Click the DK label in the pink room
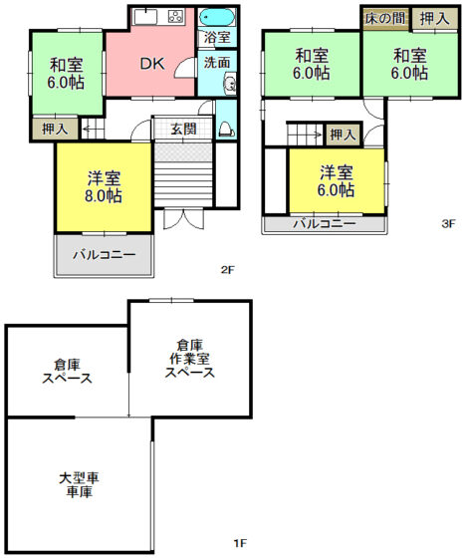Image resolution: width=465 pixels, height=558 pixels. [152, 64]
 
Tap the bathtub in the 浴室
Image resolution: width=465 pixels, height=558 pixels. [217, 17]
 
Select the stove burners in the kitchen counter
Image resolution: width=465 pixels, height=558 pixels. [175, 16]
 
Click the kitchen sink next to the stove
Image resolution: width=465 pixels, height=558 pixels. [145, 17]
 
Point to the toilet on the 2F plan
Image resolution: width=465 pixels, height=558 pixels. [226, 130]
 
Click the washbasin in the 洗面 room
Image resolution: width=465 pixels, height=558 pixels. [230, 84]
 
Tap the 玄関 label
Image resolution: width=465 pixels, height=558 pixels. [183, 129]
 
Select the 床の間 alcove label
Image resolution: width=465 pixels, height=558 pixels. [385, 18]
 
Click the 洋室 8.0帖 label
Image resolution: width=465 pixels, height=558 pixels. [104, 187]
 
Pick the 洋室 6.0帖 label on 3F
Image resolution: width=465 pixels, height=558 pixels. [336, 180]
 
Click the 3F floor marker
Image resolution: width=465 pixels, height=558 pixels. [448, 223]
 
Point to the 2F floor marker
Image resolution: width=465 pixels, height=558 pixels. [228, 269]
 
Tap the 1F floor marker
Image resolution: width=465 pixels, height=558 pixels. [240, 543]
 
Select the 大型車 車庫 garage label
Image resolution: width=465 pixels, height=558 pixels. [79, 484]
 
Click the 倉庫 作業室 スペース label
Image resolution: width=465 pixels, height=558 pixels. [190, 359]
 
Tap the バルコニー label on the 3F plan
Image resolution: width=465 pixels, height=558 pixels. [325, 223]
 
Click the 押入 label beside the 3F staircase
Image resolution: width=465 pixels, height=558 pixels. [343, 135]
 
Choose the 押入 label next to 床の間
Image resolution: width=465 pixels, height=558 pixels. [434, 19]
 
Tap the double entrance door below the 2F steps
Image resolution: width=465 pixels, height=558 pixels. [183, 219]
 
